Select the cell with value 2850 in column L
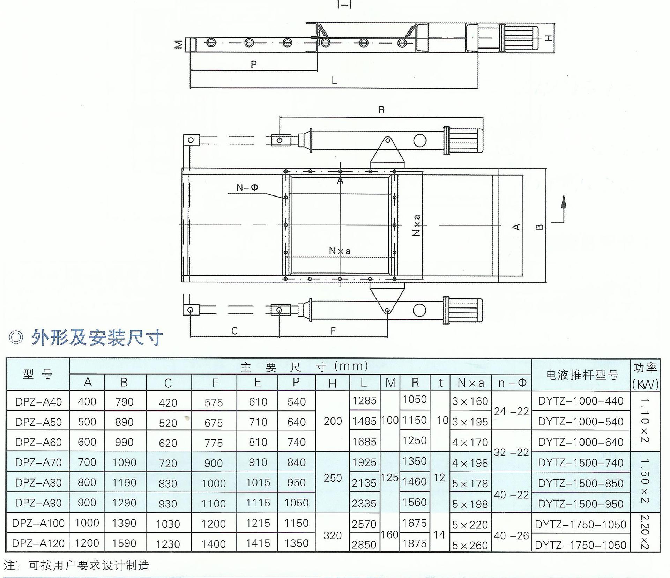tap(364, 544)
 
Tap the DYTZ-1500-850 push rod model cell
tap(581, 483)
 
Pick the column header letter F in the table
tap(215, 383)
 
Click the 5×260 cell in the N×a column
tap(470, 545)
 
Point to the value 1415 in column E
tap(258, 543)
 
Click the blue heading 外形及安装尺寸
tap(97, 338)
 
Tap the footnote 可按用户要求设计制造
tap(89, 565)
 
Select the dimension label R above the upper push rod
tap(381, 110)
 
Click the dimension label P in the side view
tap(254, 64)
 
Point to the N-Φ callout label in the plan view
tap(247, 187)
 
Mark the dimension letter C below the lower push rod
tap(234, 331)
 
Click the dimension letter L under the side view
tap(334, 81)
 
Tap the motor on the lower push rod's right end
tap(464, 310)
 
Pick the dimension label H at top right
tap(549, 38)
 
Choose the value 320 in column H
tap(332, 535)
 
